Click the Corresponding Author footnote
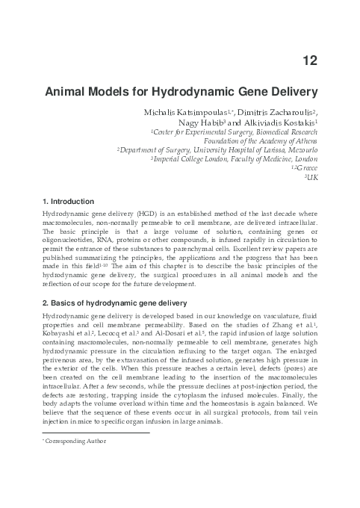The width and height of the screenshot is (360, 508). click(x=75, y=441)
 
